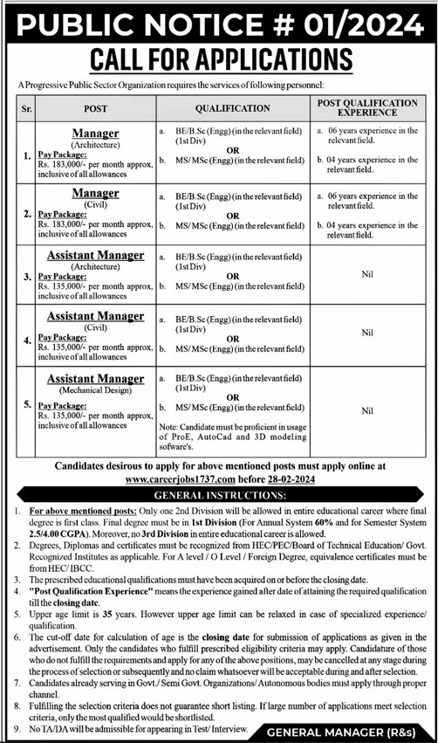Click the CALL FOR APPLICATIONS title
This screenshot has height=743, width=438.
pos(219,58)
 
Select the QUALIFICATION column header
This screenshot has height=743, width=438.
pos(231,108)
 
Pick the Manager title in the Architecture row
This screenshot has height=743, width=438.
pos(95,133)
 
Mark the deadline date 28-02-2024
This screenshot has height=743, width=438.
pos(287,478)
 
